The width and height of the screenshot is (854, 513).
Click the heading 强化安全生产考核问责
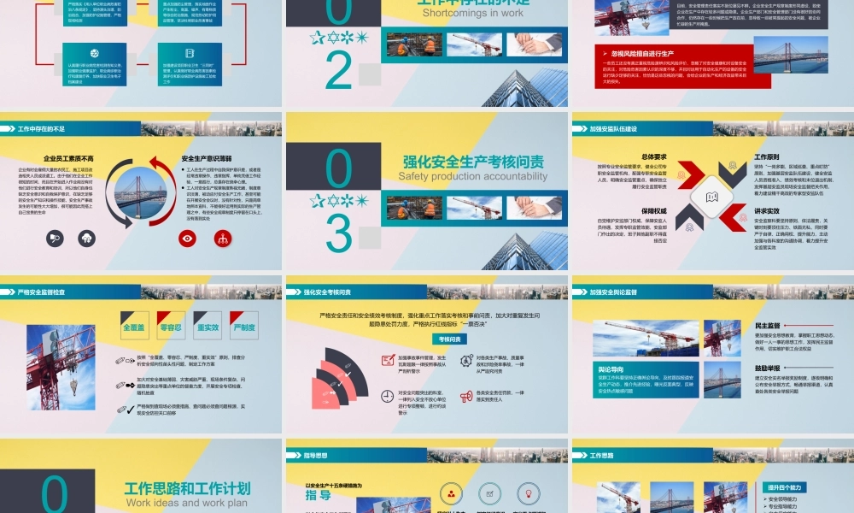(472, 161)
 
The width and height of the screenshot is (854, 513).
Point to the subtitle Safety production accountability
(472, 176)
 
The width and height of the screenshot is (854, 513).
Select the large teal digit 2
(339, 72)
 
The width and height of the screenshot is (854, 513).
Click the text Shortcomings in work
(472, 13)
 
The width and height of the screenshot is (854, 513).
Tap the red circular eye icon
(187, 239)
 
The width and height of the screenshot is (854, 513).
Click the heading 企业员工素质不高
(69, 159)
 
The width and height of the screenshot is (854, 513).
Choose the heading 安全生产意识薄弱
(207, 159)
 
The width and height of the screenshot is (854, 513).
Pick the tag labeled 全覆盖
(135, 327)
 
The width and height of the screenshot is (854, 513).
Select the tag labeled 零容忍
(172, 327)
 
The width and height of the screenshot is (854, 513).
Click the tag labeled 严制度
(244, 327)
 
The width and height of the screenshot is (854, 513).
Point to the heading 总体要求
(653, 157)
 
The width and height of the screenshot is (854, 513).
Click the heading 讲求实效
(767, 210)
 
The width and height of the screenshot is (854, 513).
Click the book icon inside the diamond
(711, 198)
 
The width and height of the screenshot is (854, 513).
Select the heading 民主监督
(768, 326)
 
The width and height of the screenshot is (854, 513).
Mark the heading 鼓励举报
(768, 369)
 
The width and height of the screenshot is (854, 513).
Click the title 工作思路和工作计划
(187, 488)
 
